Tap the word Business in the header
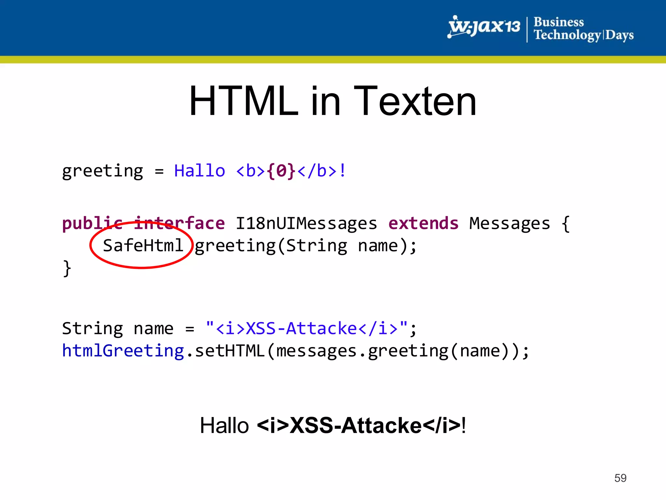tap(559, 22)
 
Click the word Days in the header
tap(619, 35)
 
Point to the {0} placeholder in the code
tap(281, 171)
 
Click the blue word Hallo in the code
tap(199, 171)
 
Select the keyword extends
tap(423, 224)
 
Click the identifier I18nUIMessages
tap(306, 224)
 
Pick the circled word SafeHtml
tap(143, 246)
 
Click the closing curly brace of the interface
tap(67, 268)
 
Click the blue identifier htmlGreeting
tap(123, 351)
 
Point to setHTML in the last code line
tap(230, 351)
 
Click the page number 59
tap(620, 478)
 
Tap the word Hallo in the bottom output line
tap(224, 425)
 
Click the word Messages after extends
tap(510, 224)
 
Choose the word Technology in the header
tap(567, 35)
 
